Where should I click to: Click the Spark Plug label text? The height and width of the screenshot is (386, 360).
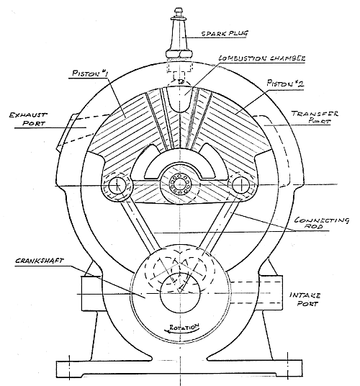[x=225, y=33]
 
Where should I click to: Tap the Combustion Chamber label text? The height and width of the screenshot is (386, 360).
[x=262, y=58]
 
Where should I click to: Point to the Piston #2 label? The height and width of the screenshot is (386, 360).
[x=286, y=83]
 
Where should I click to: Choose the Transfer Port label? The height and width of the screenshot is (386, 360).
[x=315, y=117]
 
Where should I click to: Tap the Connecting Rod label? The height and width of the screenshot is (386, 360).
[x=322, y=223]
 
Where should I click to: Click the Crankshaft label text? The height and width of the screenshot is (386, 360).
[x=40, y=261]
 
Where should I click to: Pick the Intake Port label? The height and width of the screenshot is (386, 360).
[x=305, y=299]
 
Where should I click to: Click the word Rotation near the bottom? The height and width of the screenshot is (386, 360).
[x=184, y=327]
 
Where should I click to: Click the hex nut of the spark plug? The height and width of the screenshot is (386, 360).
[x=179, y=54]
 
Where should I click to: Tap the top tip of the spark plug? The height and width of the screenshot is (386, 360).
[x=178, y=9]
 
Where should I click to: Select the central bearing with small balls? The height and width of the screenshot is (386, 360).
[x=180, y=184]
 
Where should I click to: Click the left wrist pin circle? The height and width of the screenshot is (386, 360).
[x=117, y=185]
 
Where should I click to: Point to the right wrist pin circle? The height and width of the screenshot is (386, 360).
[x=241, y=184]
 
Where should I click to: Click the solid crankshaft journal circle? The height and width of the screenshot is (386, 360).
[x=180, y=293]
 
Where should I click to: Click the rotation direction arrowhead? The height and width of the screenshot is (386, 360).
[x=170, y=331]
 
